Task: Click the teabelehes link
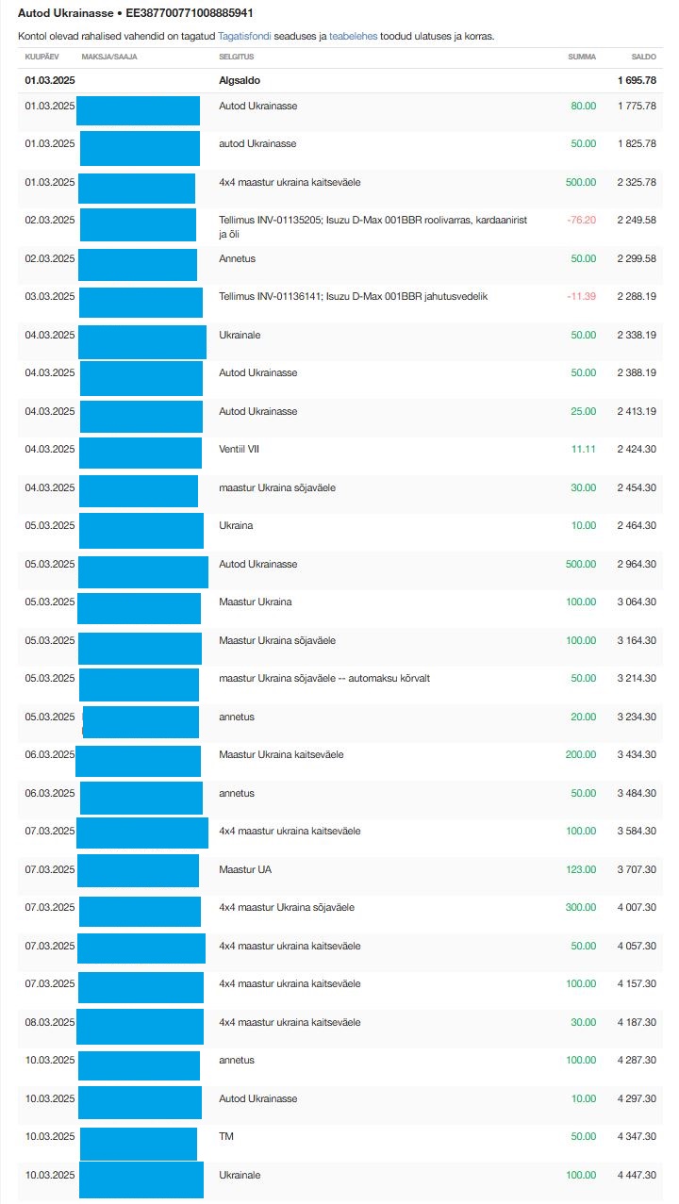click(x=353, y=36)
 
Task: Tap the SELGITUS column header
click(x=235, y=57)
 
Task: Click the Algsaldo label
click(x=240, y=80)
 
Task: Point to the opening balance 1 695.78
click(x=637, y=80)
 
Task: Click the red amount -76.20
click(x=581, y=220)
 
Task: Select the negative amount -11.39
click(x=581, y=296)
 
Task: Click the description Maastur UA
click(x=245, y=869)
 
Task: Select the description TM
click(x=226, y=1137)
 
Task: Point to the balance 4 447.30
click(x=637, y=1175)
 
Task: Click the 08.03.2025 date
click(x=50, y=1022)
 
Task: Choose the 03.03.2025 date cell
click(x=50, y=296)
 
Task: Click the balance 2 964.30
click(x=637, y=564)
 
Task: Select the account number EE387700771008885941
click(x=190, y=14)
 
